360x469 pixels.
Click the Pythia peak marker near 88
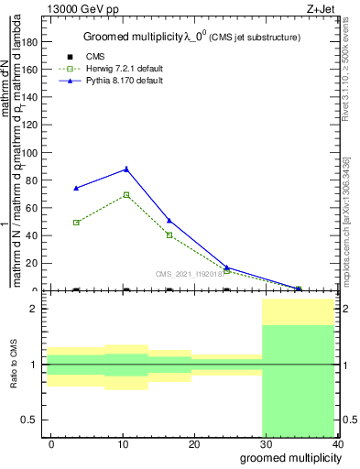(x=126, y=169)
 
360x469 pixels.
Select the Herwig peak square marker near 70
(x=126, y=194)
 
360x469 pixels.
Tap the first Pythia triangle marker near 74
(x=76, y=188)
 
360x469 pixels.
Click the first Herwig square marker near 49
(x=76, y=223)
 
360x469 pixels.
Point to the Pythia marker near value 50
(x=169, y=221)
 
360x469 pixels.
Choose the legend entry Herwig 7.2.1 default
(x=125, y=70)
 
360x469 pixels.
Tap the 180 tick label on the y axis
(x=29, y=41)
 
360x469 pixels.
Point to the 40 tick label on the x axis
(x=339, y=444)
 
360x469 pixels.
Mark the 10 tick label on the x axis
(x=122, y=444)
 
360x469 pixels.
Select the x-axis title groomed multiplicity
(x=290, y=458)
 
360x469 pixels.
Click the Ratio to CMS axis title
(x=15, y=364)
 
